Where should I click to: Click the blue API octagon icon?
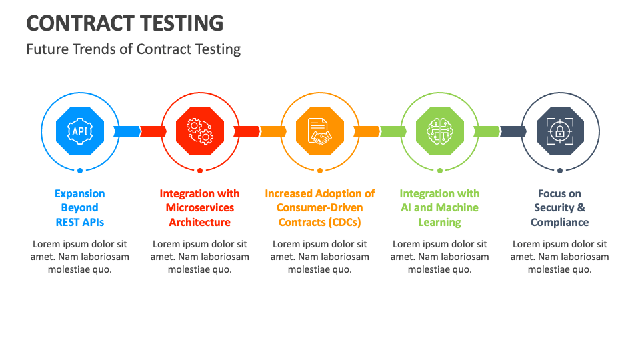(x=80, y=131)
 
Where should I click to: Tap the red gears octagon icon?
(x=200, y=131)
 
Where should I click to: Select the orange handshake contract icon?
(x=320, y=131)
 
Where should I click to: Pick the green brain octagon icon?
(x=440, y=131)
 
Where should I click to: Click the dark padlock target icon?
(x=560, y=131)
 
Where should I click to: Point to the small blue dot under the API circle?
(x=80, y=171)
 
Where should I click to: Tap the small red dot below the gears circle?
(x=200, y=171)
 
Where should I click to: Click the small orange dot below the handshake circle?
(x=320, y=171)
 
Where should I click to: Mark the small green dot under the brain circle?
(x=440, y=171)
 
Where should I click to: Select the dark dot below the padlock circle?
(x=560, y=171)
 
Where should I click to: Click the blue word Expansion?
(x=80, y=193)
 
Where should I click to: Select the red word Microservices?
(x=200, y=208)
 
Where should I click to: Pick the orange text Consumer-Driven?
(x=320, y=208)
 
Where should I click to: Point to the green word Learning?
(x=439, y=223)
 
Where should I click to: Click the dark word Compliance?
(x=559, y=223)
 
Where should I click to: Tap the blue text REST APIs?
(x=80, y=223)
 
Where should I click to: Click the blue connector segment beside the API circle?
(x=127, y=131)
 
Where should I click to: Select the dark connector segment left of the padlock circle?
(x=513, y=131)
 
